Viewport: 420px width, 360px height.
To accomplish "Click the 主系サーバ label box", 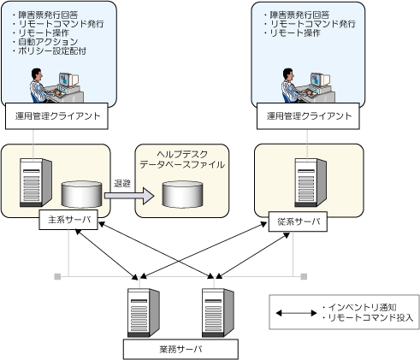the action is tap(68, 220).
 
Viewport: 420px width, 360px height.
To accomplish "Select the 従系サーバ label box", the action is tap(298, 221).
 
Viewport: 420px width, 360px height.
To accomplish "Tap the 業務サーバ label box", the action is tap(180, 349).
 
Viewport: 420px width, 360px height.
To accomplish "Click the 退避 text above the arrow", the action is tap(122, 183).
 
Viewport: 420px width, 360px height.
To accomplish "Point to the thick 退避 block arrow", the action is tap(129, 196).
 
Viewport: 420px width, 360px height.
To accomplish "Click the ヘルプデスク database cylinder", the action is tap(182, 194).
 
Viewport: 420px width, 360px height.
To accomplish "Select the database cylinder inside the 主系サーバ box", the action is tap(82, 194).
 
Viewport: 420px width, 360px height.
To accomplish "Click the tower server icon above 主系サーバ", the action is tap(36, 183).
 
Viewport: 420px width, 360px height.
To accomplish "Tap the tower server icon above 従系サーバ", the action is tap(311, 183).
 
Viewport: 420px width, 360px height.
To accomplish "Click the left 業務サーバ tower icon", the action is tap(144, 313).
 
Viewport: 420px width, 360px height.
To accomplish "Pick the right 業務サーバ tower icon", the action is tap(218, 313).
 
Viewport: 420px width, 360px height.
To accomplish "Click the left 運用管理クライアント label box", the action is tap(56, 116).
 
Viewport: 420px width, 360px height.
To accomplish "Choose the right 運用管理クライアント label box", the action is tap(308, 116).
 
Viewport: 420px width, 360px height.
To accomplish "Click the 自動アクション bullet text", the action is tap(48, 42).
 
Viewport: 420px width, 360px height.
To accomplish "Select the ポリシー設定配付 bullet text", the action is tap(52, 51).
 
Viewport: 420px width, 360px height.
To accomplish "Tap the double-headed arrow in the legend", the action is tap(296, 313).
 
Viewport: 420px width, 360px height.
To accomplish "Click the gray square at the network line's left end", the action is tap(57, 276).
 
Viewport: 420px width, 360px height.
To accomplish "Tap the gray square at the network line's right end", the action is tap(304, 276).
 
